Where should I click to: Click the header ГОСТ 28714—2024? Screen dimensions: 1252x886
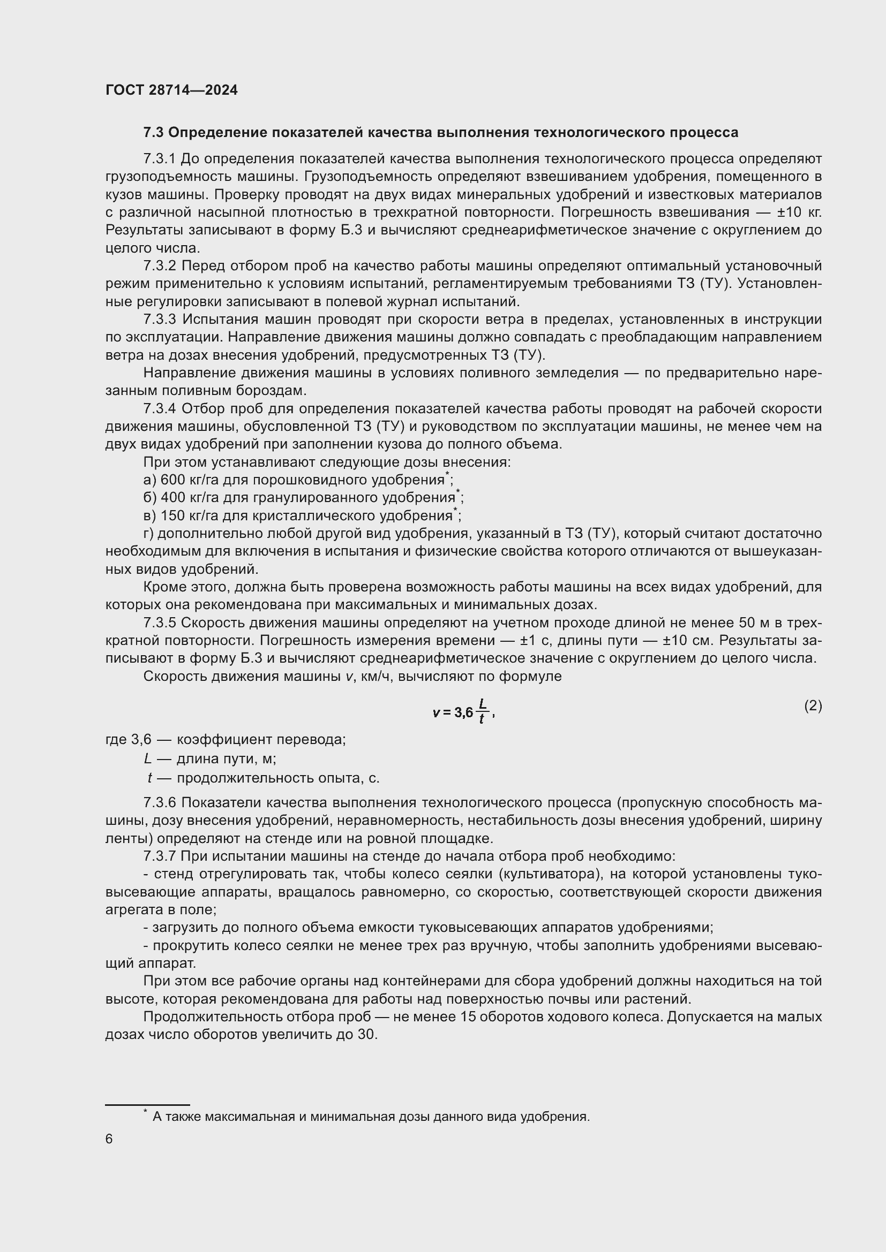(171, 90)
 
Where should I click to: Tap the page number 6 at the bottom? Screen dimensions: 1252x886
(109, 1139)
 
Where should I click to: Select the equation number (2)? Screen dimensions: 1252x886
(813, 706)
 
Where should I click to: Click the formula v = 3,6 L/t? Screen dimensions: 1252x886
(463, 711)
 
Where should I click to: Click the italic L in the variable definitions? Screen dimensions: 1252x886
(147, 758)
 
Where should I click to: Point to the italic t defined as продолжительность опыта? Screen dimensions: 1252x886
(149, 778)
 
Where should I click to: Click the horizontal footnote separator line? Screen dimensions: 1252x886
(147, 1104)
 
